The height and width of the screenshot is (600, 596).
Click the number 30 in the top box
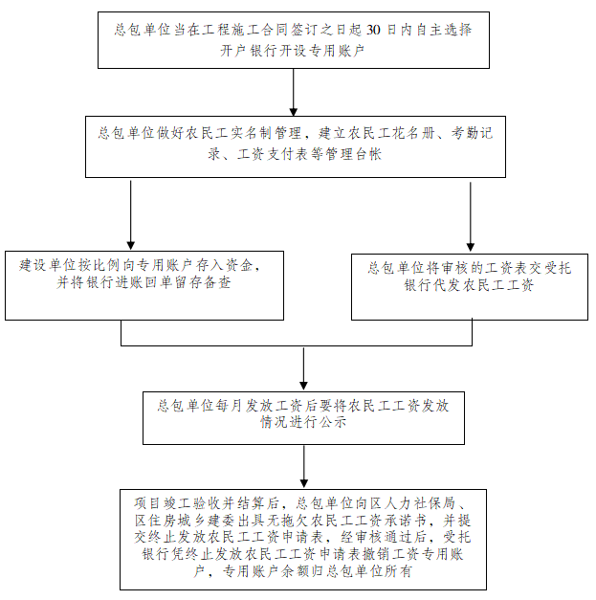click(373, 30)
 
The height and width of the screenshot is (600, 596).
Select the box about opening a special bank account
click(294, 40)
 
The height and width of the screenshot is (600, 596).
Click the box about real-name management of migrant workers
click(296, 147)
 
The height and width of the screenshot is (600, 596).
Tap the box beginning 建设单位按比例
click(144, 285)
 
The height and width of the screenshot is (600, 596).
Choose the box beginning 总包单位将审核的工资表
click(470, 287)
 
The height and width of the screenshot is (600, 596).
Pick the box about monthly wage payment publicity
click(303, 418)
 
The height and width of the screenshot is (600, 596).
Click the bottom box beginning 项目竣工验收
click(303, 540)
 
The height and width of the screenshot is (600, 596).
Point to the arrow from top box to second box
click(294, 92)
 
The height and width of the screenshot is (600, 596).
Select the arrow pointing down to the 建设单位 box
click(131, 215)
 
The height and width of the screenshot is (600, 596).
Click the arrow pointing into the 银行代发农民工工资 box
click(471, 216)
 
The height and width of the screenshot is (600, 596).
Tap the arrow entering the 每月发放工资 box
click(303, 368)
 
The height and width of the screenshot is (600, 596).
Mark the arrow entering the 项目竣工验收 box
click(304, 467)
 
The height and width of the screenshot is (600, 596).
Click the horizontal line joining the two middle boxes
click(297, 345)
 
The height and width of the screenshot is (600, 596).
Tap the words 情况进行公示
click(303, 422)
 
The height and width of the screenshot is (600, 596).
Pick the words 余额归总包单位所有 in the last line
click(346, 571)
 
